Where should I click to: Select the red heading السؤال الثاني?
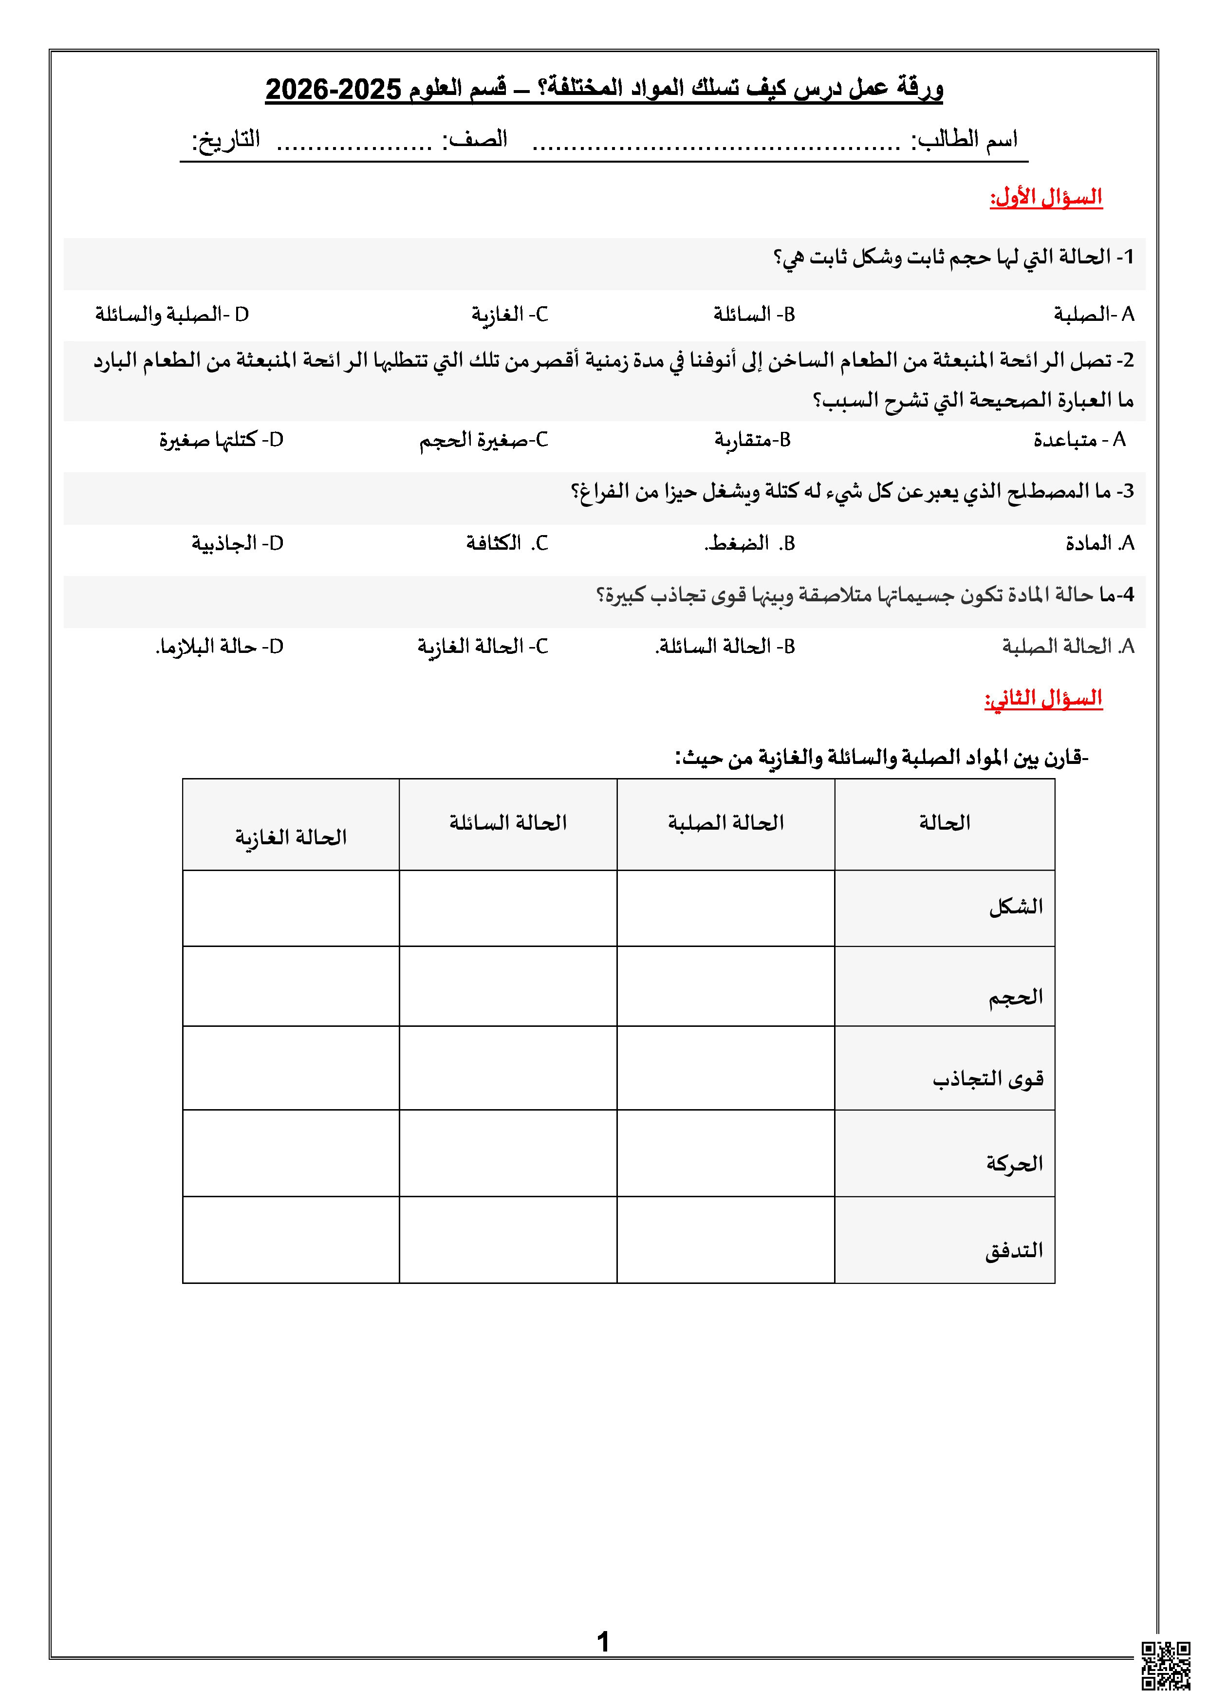click(1043, 699)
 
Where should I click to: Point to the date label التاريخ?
click(226, 140)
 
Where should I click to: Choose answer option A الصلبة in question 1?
click(1094, 315)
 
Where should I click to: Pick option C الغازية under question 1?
click(509, 315)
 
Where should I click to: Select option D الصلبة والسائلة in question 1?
click(172, 315)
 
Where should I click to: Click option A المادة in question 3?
click(1099, 543)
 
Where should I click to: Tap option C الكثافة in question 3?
click(506, 543)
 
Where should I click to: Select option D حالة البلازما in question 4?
click(220, 647)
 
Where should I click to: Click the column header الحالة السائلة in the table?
click(508, 823)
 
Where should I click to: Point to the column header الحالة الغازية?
click(291, 837)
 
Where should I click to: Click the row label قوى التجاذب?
click(988, 1078)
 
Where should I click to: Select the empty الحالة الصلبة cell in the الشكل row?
click(725, 909)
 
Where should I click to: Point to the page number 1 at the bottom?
click(603, 1642)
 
